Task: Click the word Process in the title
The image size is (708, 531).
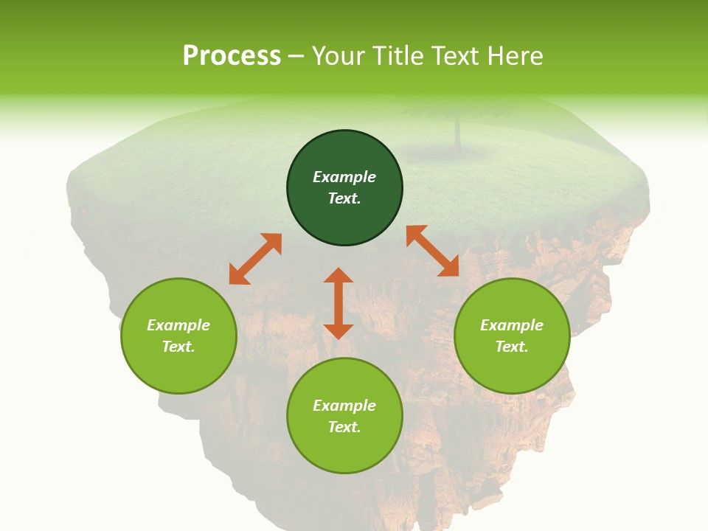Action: point(232,56)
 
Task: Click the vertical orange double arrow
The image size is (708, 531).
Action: point(339,303)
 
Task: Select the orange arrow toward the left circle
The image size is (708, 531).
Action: point(255,259)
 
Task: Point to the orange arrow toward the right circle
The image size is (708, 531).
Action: point(433,251)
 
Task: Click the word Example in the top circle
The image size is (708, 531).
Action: point(344,177)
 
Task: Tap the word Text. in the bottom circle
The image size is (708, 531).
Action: point(344,427)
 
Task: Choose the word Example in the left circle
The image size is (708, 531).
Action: point(178,325)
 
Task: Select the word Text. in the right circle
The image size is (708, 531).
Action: point(512,347)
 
